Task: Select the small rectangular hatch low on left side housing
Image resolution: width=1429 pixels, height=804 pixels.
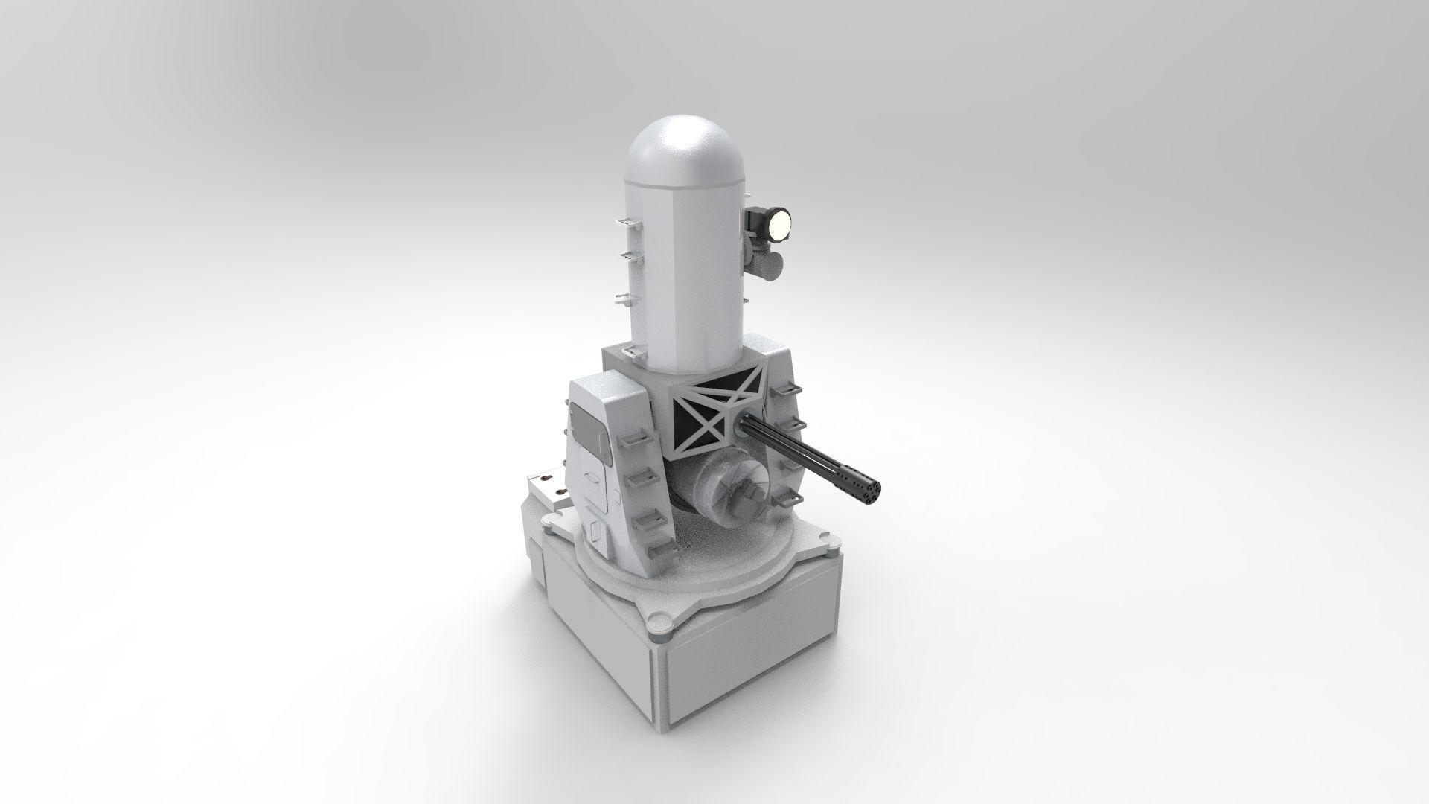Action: point(595,530)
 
